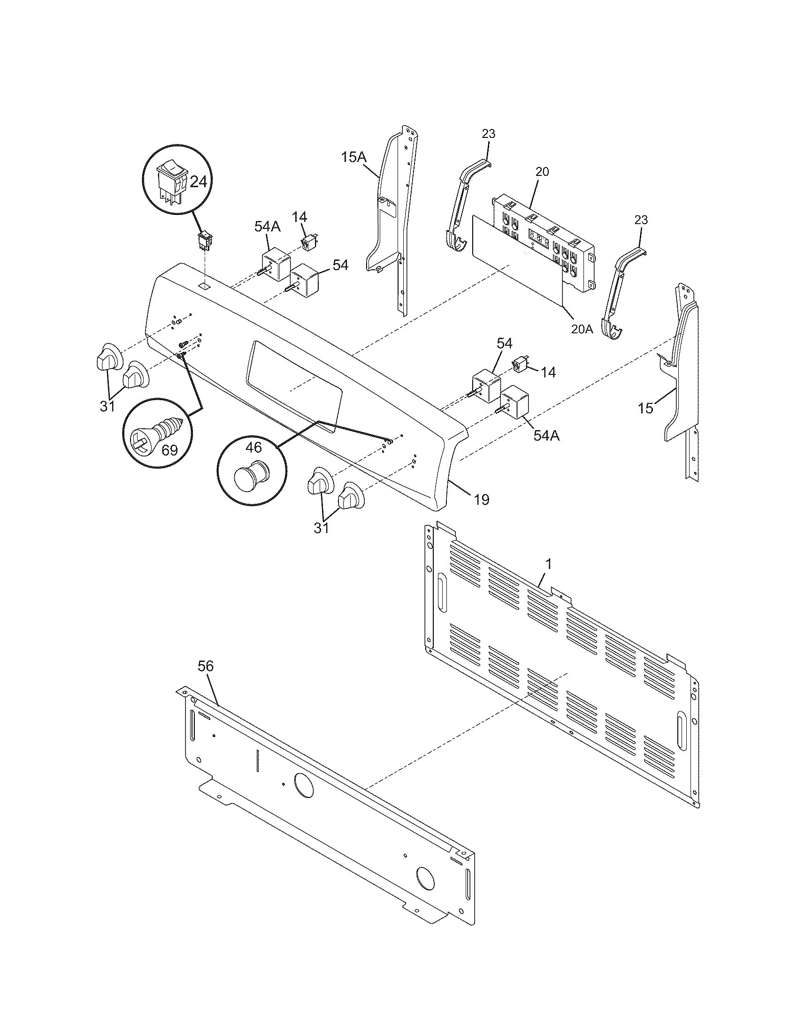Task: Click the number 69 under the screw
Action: (169, 449)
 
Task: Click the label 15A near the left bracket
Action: (354, 157)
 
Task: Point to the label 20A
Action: (582, 329)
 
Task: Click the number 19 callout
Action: (481, 500)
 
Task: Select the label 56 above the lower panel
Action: (206, 666)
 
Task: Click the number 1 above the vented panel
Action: (548, 563)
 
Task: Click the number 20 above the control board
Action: (542, 172)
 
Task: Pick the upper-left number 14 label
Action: (299, 217)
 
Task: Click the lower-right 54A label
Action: (546, 436)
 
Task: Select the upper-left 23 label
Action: (488, 134)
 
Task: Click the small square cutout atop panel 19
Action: (204, 286)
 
